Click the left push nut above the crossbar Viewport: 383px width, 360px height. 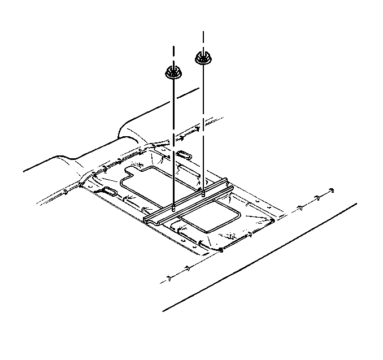point(173,72)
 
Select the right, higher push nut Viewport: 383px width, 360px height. point(203,57)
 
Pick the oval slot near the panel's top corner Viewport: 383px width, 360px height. point(184,154)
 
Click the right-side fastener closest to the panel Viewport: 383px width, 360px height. point(300,209)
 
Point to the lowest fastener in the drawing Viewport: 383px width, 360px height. point(169,278)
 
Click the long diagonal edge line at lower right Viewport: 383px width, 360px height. point(260,257)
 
